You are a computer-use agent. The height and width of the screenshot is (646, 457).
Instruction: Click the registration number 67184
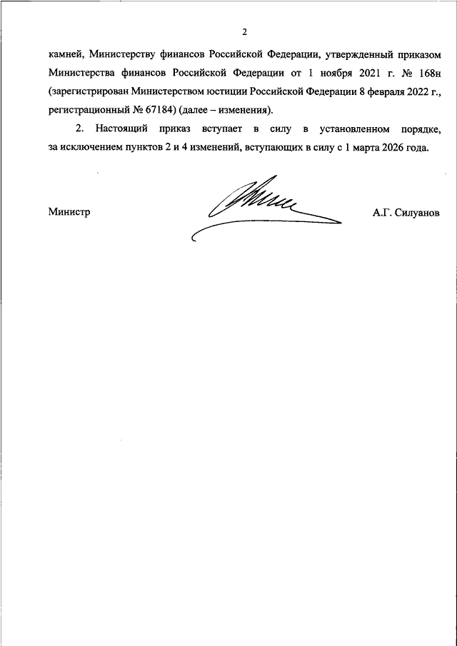click(164, 111)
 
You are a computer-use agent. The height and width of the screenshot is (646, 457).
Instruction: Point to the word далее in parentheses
click(201, 111)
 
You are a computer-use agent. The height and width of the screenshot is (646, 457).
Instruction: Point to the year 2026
click(394, 148)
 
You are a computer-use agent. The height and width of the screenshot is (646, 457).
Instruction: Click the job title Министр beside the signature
click(69, 213)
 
